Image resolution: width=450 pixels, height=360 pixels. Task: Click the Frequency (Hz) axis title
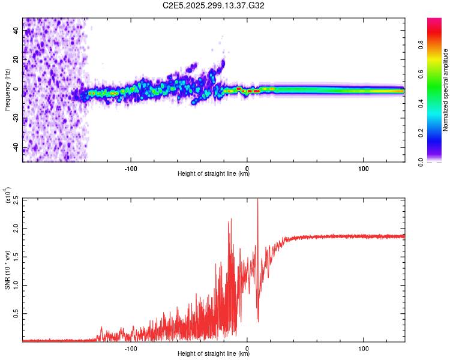pos(7,90)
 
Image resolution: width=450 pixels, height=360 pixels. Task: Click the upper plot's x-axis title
pos(214,174)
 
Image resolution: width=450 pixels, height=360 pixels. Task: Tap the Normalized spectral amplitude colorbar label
pos(446,90)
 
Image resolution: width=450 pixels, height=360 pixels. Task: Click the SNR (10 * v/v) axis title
pos(7,269)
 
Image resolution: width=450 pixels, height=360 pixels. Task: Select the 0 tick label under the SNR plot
pos(247,347)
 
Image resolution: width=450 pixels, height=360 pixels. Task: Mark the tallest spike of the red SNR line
pos(258,200)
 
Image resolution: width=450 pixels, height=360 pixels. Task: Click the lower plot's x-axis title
pos(214,354)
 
